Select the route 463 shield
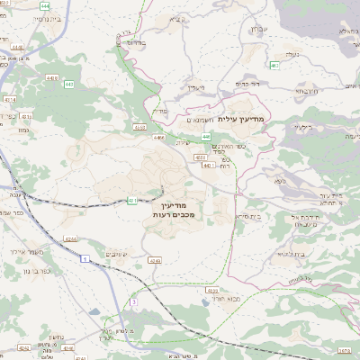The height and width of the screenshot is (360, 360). click(x=274, y=65)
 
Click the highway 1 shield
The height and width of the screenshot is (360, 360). click(x=85, y=258)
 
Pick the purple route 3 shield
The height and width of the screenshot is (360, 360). click(x=133, y=302)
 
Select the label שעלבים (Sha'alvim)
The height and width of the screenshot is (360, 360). click(x=128, y=256)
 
